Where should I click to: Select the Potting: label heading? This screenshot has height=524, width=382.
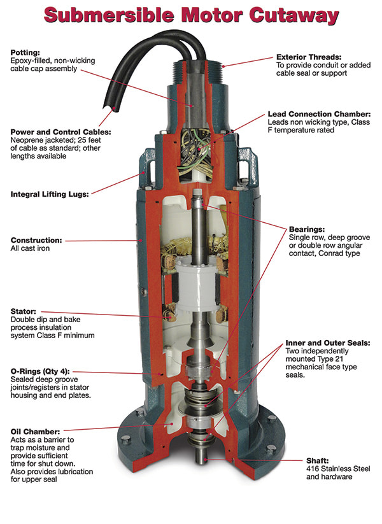(x=25, y=52)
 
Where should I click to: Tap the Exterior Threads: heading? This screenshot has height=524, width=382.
(x=309, y=57)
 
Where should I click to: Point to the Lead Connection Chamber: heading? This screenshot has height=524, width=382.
(x=319, y=114)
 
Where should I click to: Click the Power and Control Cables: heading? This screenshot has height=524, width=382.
(x=60, y=132)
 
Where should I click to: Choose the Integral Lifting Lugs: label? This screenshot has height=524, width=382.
(x=50, y=194)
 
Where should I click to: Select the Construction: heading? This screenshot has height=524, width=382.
(x=36, y=240)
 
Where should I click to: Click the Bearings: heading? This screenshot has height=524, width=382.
(x=307, y=229)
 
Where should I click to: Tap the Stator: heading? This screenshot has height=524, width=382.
(x=24, y=311)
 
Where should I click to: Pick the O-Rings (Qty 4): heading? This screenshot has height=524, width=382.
(x=40, y=371)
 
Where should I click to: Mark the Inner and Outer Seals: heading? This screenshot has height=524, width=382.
(x=328, y=343)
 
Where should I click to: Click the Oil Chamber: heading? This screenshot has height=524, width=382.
(x=36, y=432)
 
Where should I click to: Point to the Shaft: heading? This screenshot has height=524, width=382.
(x=318, y=460)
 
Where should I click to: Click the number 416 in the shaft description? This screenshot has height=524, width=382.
(x=313, y=469)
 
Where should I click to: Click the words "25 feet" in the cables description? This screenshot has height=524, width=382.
(x=89, y=140)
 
